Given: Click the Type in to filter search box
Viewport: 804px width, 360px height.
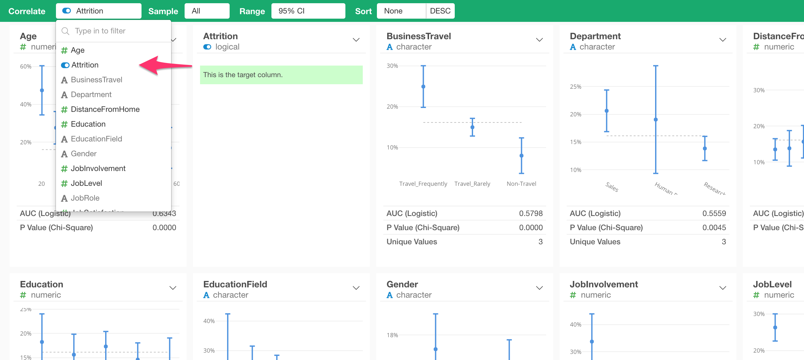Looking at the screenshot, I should (113, 31).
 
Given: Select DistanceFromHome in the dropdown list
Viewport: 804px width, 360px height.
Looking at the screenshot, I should (105, 109).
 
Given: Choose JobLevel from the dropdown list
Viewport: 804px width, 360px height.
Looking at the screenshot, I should (86, 183).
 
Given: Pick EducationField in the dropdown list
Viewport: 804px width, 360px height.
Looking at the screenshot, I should (96, 139).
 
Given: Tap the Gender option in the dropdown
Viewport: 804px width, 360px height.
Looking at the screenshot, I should (84, 154).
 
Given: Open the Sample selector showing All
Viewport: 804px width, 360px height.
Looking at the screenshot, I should (207, 11).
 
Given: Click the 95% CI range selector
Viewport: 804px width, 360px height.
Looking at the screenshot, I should (308, 11).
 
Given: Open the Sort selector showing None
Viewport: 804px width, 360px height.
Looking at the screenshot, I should (401, 11).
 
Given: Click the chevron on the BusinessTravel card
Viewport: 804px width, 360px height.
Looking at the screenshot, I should (539, 40).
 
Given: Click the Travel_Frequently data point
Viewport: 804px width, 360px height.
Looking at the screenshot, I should (423, 86).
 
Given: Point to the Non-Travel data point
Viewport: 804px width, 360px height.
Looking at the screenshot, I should (521, 156).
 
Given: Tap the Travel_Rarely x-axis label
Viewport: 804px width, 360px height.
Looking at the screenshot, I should (472, 184).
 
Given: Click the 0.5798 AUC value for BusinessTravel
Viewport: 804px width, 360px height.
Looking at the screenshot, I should (531, 213).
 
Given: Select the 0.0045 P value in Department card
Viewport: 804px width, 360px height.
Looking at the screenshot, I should (714, 228).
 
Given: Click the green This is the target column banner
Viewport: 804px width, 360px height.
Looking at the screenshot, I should (281, 75).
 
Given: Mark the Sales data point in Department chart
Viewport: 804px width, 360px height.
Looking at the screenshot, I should (607, 111).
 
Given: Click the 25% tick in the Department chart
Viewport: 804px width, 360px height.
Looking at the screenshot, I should (575, 87).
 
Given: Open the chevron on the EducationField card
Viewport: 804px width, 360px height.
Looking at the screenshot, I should (356, 288).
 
